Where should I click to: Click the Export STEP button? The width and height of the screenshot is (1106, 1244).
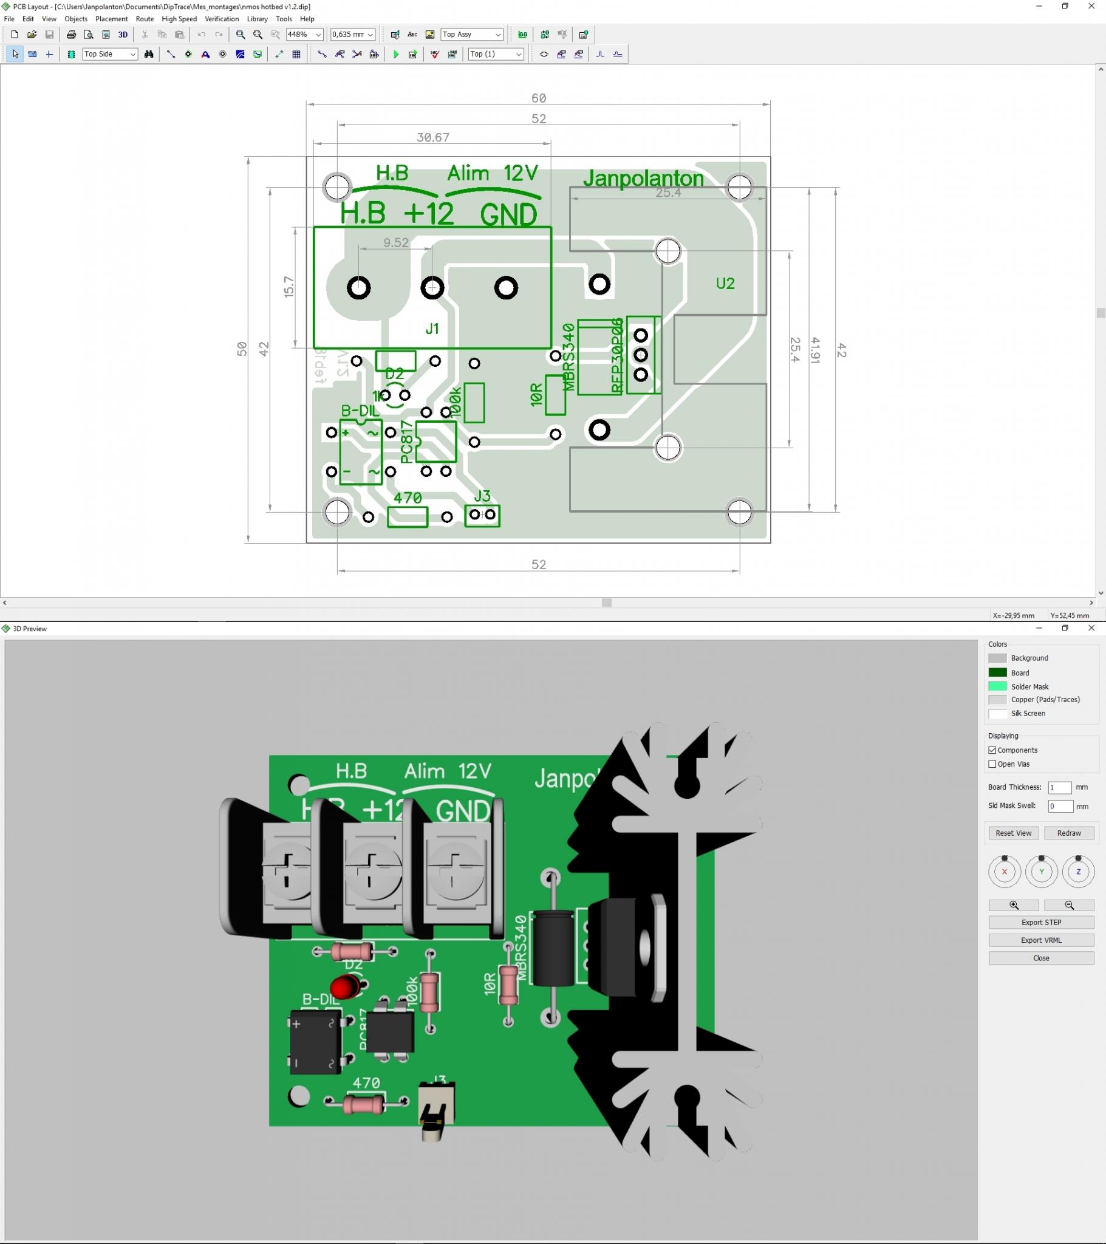coord(1041,922)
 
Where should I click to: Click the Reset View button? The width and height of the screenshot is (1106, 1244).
coord(1013,833)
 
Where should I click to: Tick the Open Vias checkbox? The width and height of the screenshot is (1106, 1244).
coord(992,764)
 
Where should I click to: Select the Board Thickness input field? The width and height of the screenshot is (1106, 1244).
coord(1059,788)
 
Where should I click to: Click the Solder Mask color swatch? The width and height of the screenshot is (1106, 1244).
coord(997,686)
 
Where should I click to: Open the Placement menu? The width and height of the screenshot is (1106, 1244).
coord(111,19)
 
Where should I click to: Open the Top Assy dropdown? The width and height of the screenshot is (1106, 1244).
coord(473,35)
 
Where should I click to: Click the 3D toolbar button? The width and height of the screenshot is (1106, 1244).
coord(123,35)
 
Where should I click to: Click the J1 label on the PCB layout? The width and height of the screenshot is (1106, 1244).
coord(432,329)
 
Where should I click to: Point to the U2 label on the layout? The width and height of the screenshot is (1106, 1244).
coord(725,284)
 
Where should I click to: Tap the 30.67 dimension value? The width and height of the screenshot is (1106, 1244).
coord(433,137)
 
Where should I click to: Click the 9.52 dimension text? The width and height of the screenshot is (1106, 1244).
coord(395,243)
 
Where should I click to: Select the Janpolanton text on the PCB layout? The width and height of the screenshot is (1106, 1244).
coord(643,179)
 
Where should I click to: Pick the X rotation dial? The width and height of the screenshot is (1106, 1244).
coord(1005,872)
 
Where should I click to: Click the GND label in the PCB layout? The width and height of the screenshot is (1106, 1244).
coord(508,214)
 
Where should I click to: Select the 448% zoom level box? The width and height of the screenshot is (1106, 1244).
coord(304,35)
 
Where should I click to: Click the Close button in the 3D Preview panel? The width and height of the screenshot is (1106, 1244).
coord(1041,958)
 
